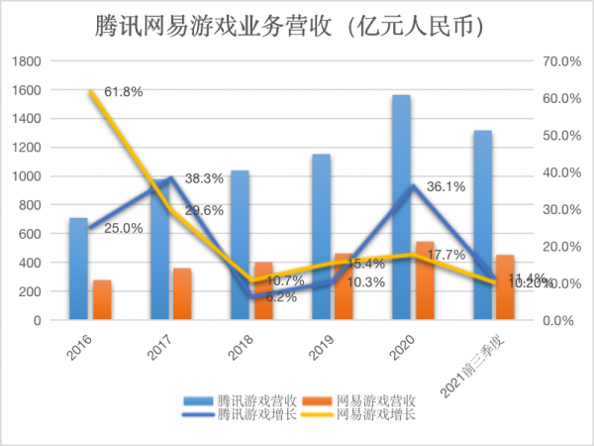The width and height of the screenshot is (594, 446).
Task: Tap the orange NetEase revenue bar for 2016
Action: coord(102,300)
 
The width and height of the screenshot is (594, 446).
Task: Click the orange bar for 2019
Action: coord(343,287)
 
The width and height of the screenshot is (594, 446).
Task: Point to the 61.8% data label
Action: coord(124,92)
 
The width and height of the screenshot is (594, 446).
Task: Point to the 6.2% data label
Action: coord(280,297)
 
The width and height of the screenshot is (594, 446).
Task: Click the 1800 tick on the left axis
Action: coord(26,61)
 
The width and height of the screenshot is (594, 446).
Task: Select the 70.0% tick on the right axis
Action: coord(562,61)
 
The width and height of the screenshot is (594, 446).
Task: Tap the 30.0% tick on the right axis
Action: coord(562,210)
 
